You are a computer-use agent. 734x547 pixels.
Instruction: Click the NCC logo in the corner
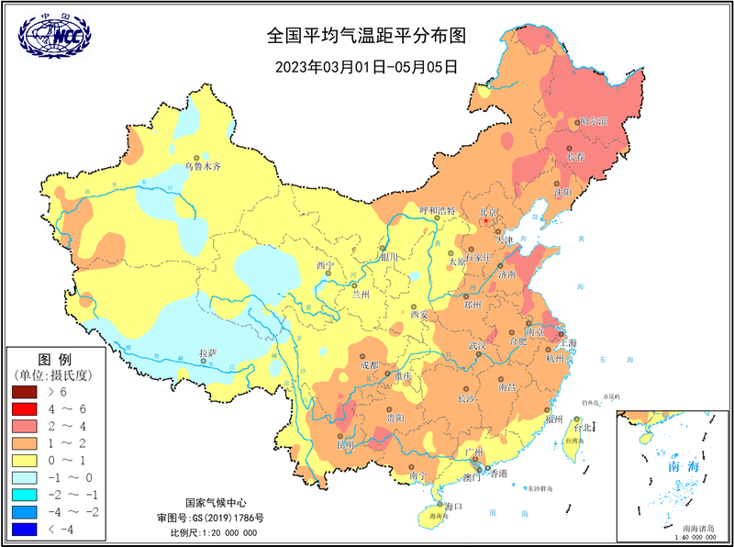[53, 34]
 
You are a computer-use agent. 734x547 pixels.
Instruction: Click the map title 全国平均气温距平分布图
[367, 37]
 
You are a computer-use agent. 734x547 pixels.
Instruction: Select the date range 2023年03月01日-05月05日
[367, 66]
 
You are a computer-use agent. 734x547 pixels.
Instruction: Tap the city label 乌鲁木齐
[203, 166]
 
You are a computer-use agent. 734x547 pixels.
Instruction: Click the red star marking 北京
[486, 221]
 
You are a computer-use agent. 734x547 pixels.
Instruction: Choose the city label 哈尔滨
[594, 121]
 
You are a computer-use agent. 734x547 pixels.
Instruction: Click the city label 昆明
[345, 445]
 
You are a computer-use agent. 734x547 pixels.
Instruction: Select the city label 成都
[369, 364]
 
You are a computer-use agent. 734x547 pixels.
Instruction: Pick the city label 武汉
[477, 346]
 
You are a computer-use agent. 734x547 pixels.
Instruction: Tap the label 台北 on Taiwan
[583, 427]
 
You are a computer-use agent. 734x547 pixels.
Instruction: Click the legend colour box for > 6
[24, 392]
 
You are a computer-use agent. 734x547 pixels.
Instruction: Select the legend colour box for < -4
[24, 530]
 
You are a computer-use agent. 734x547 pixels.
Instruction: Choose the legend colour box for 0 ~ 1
[24, 461]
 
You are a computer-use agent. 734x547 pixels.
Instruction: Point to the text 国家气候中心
[216, 503]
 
